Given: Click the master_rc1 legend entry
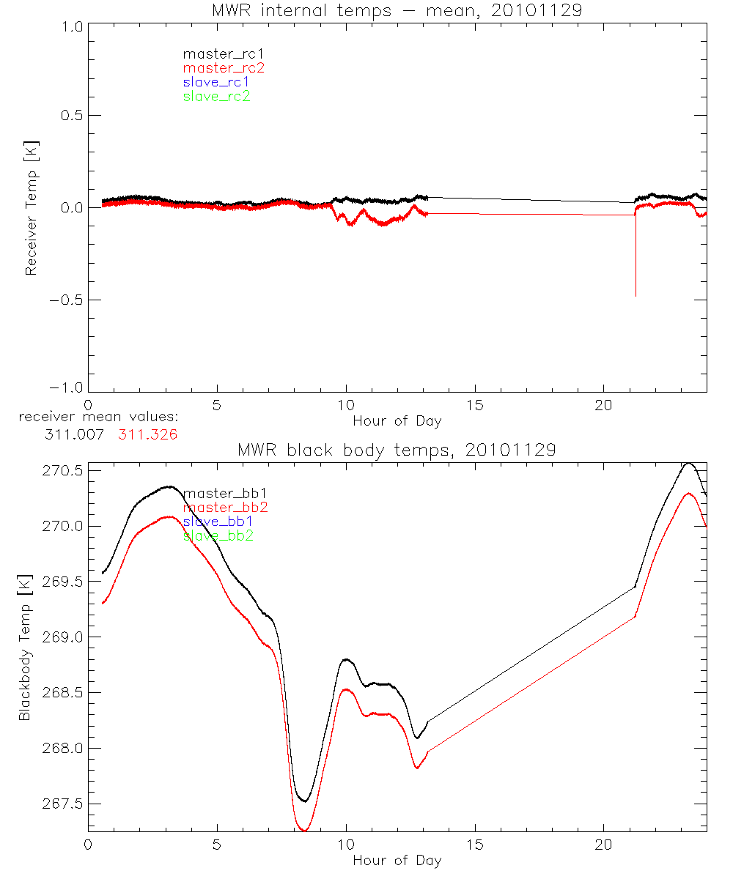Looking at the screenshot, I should point(216,53).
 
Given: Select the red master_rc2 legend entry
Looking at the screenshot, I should point(223,68).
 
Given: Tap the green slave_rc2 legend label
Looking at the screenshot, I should point(216,97).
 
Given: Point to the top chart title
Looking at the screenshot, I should point(397,10).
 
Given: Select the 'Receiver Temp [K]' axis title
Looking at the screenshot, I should point(31,208).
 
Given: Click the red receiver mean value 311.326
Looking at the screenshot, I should point(147,434).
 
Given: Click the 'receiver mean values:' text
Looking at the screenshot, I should point(99,417).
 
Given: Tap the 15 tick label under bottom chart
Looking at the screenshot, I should point(475,843).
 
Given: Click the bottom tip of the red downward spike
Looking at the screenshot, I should point(636,296).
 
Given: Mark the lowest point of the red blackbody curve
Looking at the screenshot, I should point(303,830).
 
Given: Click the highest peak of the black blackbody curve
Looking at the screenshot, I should point(688,463).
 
